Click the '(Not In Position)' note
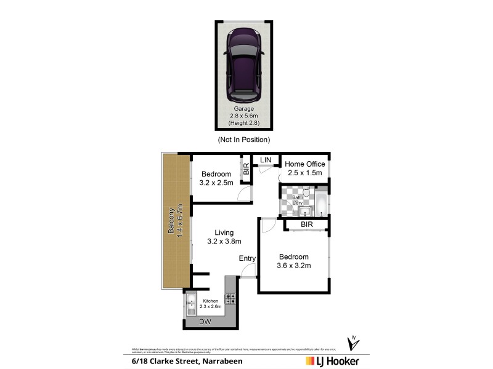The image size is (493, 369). (x=243, y=140)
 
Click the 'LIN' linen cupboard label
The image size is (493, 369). (x=266, y=160)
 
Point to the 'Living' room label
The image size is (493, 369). (x=224, y=232)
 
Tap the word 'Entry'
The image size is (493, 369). (x=247, y=258)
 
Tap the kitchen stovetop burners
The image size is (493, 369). (x=231, y=299)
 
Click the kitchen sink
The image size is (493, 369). (x=190, y=304)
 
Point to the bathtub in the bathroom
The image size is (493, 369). (x=322, y=202)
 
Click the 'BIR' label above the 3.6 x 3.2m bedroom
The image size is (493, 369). (x=307, y=225)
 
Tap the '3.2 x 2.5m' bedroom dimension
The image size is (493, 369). (x=216, y=183)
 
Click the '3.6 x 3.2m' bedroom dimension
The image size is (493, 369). (x=294, y=266)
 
